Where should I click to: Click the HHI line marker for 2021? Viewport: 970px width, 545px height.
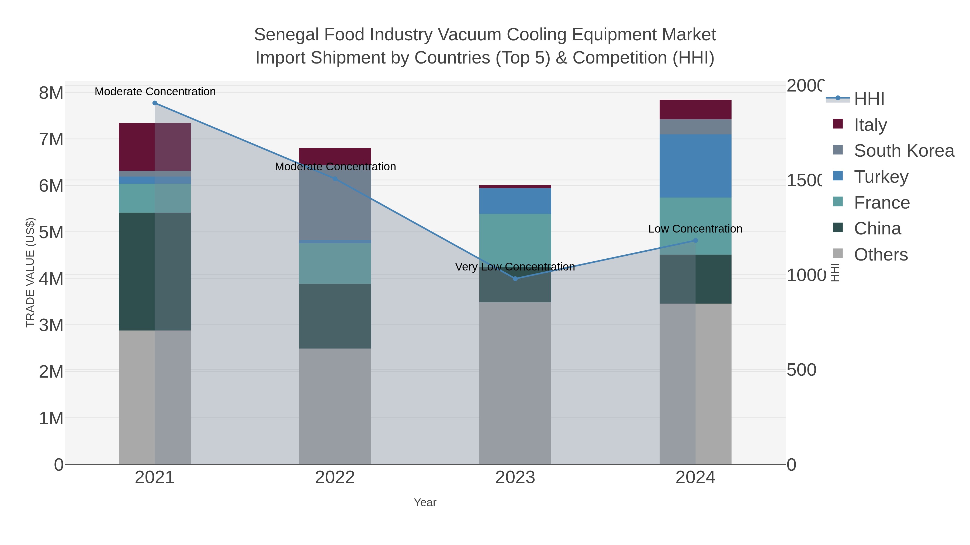point(155,103)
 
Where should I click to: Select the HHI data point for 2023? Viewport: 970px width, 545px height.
point(515,279)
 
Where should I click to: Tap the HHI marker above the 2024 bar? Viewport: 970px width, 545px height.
point(695,240)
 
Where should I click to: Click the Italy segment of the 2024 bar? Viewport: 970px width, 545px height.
point(695,110)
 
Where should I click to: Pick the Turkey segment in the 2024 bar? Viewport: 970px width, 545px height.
point(695,166)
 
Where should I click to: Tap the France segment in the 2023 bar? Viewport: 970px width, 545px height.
point(515,237)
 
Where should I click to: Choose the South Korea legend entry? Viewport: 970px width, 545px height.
point(904,150)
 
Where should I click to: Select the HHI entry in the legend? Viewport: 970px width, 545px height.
point(869,99)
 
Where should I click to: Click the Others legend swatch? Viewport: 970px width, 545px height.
point(838,254)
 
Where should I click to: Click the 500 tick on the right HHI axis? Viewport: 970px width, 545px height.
point(801,370)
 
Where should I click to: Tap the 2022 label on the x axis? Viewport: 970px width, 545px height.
point(335,478)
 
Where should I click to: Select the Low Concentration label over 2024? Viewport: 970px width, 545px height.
point(695,229)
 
